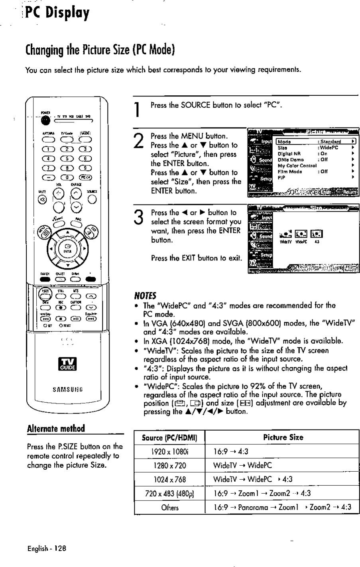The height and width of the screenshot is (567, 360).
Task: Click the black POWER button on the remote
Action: (45, 120)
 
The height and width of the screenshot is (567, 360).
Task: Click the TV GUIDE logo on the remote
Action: (66, 364)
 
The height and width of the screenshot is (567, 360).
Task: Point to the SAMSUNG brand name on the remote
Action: (66, 389)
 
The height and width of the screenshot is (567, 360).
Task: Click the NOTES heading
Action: (146, 295)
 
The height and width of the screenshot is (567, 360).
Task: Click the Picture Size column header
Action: (283, 437)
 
